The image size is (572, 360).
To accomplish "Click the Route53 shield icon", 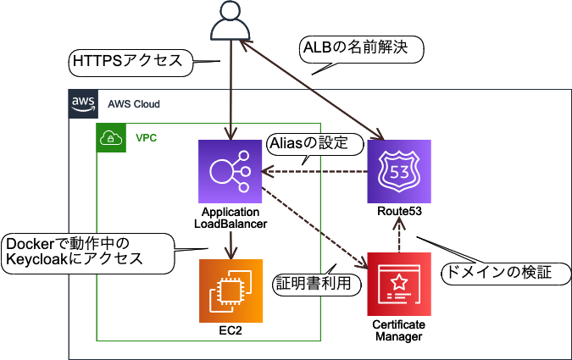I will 399,171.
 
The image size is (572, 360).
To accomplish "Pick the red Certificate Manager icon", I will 399,284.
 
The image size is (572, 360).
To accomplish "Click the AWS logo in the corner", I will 83,103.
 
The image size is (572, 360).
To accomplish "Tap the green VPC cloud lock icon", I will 111,137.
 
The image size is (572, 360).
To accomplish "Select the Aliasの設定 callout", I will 308,143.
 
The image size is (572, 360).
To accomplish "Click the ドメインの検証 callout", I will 503,273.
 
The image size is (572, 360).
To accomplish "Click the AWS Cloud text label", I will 134,104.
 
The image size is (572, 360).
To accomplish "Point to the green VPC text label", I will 147,137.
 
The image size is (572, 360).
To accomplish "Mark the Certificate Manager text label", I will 399,331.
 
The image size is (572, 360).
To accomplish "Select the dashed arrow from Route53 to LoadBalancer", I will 314,171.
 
